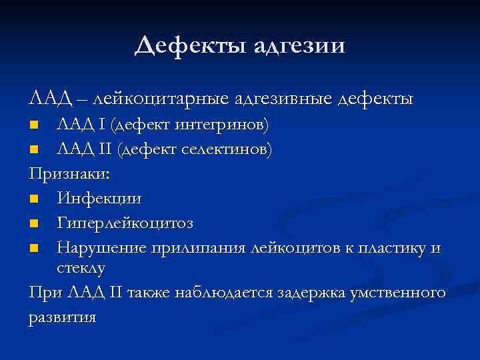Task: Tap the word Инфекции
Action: pos(99,198)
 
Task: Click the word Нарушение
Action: pos(107,248)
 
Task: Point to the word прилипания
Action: pos(208,248)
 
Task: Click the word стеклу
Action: pos(81,267)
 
